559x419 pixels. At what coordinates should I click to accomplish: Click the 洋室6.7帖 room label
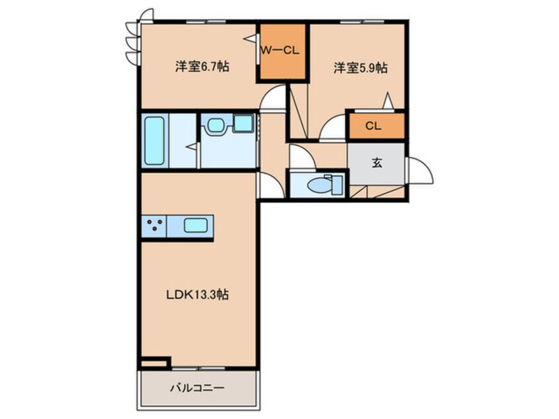[202, 67]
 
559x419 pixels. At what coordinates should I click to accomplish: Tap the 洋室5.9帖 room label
[360, 68]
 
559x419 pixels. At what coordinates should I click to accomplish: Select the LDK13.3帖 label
[198, 295]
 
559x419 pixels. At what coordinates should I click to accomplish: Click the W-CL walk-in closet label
[280, 51]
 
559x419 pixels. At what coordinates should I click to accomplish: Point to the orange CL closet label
[373, 126]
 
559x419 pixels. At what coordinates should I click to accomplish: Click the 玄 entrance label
[377, 163]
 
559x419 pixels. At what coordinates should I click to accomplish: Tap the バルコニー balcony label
[197, 388]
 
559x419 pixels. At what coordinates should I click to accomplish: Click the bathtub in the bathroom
[155, 141]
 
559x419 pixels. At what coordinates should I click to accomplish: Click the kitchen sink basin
[196, 225]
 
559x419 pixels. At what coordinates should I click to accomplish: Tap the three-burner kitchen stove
[155, 225]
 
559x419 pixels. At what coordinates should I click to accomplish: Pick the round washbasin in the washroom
[215, 124]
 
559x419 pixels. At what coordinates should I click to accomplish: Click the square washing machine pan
[244, 123]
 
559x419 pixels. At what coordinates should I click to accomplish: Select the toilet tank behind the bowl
[336, 185]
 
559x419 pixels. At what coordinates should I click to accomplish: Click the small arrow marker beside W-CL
[250, 38]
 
